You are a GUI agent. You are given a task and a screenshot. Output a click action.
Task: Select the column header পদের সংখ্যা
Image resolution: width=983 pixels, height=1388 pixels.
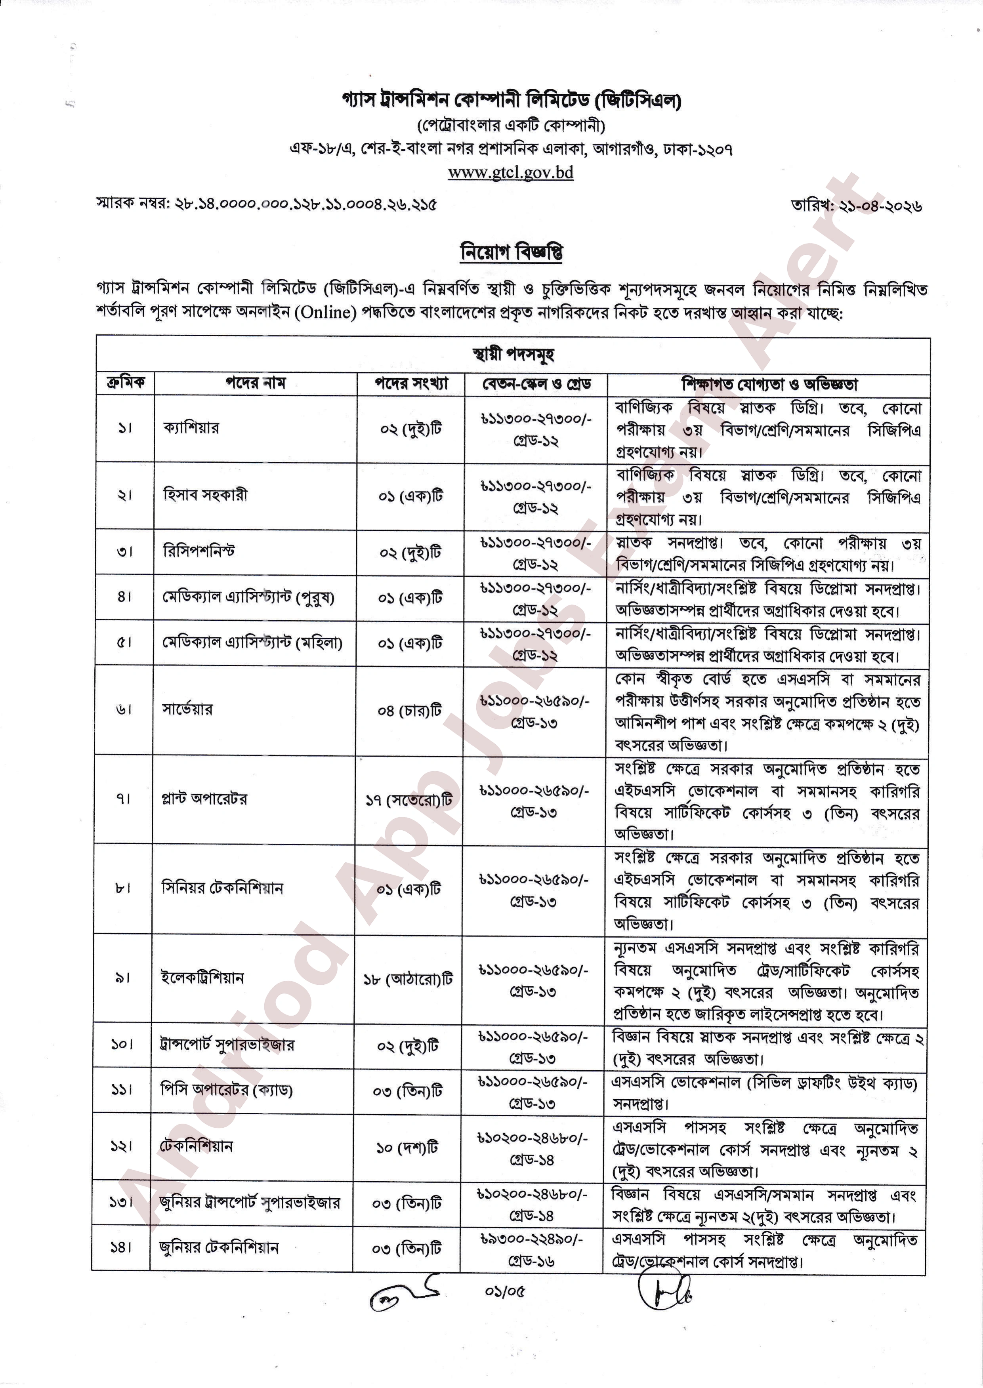[411, 383]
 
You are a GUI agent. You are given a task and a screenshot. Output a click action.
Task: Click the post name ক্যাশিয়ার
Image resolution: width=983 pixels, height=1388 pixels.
[191, 428]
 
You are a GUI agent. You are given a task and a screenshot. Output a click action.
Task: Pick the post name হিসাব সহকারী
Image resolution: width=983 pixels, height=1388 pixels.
[205, 495]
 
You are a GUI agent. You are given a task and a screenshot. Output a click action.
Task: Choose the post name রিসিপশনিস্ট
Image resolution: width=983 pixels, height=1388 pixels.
[199, 551]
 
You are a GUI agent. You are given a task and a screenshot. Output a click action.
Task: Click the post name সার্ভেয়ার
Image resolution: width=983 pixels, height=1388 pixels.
[188, 709]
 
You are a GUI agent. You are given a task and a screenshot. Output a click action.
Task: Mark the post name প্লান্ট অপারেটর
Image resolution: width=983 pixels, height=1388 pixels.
[204, 799]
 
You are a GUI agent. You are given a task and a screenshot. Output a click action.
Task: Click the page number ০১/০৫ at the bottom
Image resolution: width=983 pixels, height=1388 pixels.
[504, 1292]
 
